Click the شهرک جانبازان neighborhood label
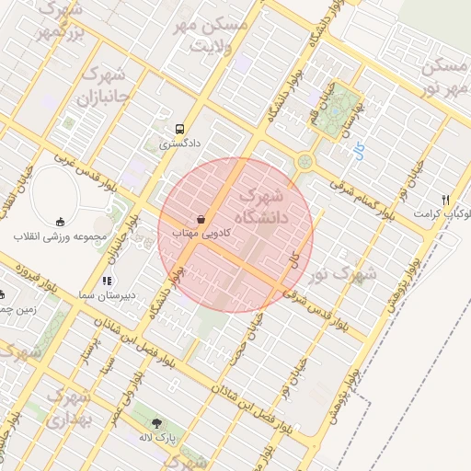[103, 85]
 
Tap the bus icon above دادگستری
[180, 129]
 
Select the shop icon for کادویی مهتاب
[201, 220]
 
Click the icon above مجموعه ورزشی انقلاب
[60, 222]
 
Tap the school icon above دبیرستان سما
[107, 280]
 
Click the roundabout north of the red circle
[304, 163]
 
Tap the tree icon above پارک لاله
[157, 423]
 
